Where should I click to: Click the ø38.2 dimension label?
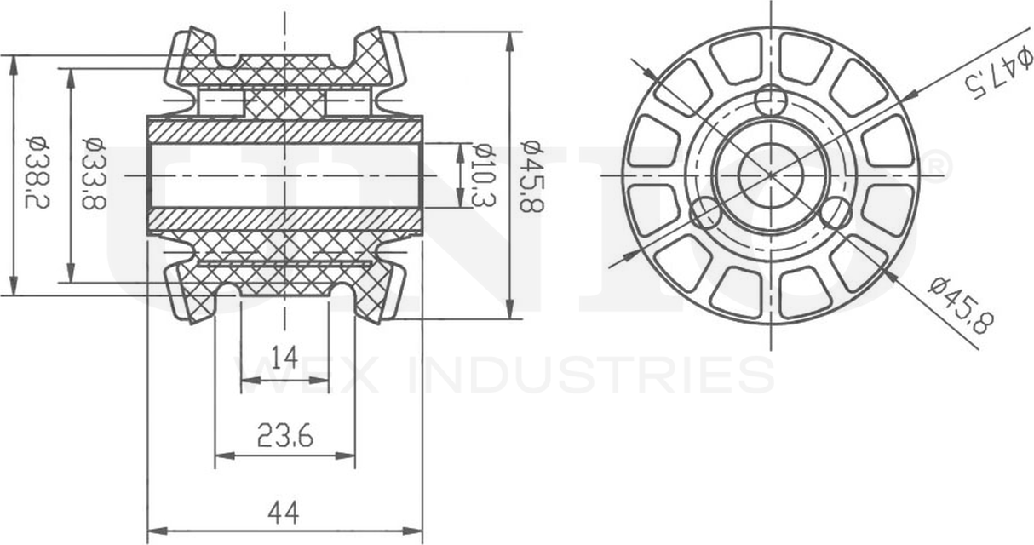tap(35, 175)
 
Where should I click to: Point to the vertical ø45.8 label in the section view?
tap(532, 175)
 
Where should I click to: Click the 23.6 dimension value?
tap(284, 437)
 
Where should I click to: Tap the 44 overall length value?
tap(284, 513)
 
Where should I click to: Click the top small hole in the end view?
tap(771, 100)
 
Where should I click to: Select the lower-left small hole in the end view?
tap(705, 213)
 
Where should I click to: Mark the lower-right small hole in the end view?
tap(836, 213)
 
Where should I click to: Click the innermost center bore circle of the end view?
tap(771, 175)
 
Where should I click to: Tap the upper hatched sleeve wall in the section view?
tap(284, 131)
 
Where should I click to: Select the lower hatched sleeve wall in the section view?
tap(284, 219)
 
